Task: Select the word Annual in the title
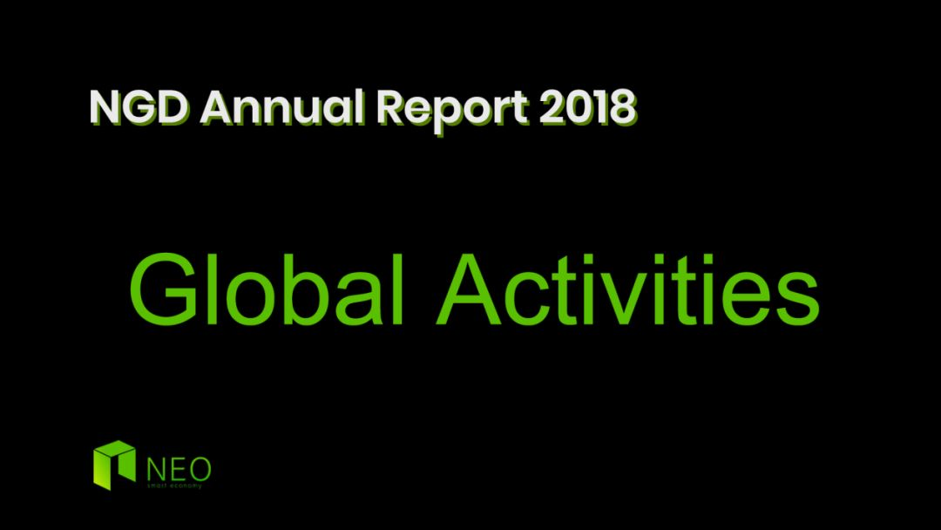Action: (282, 107)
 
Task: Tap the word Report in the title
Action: (452, 111)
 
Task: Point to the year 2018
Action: (587, 107)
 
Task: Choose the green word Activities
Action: (628, 290)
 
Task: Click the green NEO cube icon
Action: (114, 465)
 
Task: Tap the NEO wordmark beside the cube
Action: (179, 469)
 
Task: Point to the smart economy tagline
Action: (174, 486)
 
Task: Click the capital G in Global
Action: (164, 290)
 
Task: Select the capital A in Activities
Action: (470, 290)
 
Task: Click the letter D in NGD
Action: (173, 108)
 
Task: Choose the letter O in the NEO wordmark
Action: (199, 469)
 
